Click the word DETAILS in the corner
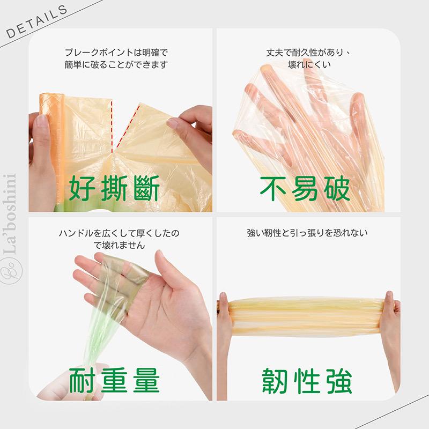tap(36, 22)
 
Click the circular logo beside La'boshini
tap(11, 270)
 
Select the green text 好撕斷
tap(114, 188)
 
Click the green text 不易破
tap(305, 188)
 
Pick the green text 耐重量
tap(114, 381)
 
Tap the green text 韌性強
tap(307, 381)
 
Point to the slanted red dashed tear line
tap(128, 127)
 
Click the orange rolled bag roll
tap(52, 148)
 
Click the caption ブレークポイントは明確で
tap(116, 52)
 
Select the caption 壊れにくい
tap(309, 64)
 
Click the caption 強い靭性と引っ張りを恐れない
tap(307, 233)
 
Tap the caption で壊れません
tap(119, 245)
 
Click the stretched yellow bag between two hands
tap(305, 317)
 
